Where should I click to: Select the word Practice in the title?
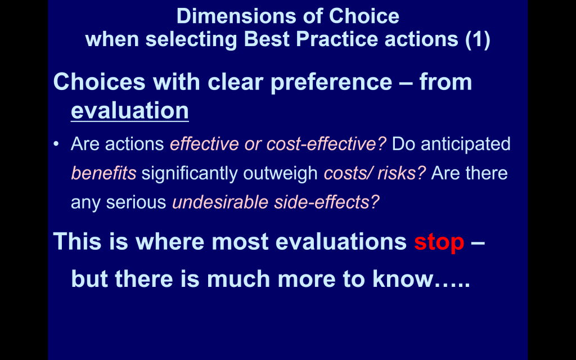pyautogui.click(x=337, y=39)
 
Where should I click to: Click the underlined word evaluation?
pyautogui.click(x=130, y=110)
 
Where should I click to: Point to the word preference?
pyautogui.click(x=331, y=82)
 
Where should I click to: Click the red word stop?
pyautogui.click(x=439, y=242)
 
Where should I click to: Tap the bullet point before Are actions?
pyautogui.click(x=56, y=143)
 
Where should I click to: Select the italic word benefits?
pyautogui.click(x=103, y=173)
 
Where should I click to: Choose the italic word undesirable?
pyautogui.click(x=220, y=202)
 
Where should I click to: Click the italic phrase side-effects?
pyautogui.click(x=327, y=202)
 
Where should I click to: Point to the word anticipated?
pyautogui.click(x=465, y=143)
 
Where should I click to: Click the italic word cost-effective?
pyautogui.click(x=326, y=143)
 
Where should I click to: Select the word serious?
pyautogui.click(x=136, y=202)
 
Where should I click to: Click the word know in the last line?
pyautogui.click(x=403, y=279)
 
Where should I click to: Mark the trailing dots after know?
pyautogui.click(x=452, y=285)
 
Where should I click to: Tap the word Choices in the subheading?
pyautogui.click(x=99, y=82)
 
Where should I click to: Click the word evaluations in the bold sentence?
pyautogui.click(x=341, y=242)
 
